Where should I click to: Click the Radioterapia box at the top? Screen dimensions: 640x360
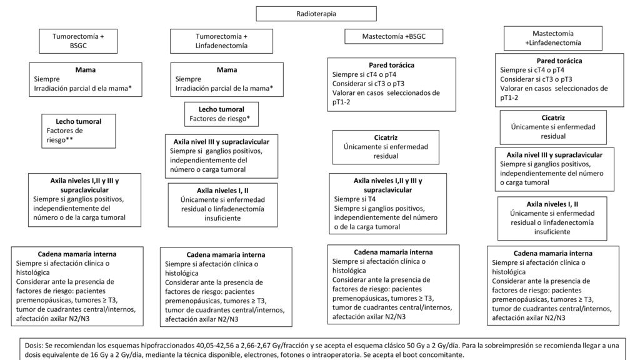[316, 14]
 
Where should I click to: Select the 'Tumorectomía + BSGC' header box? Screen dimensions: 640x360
[78, 41]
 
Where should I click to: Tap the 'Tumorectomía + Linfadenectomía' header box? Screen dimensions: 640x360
[221, 41]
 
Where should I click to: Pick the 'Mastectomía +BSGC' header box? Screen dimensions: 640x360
[394, 36]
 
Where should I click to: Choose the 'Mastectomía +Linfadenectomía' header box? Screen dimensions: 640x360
[553, 38]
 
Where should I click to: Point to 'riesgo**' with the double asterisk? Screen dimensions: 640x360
[59, 140]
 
